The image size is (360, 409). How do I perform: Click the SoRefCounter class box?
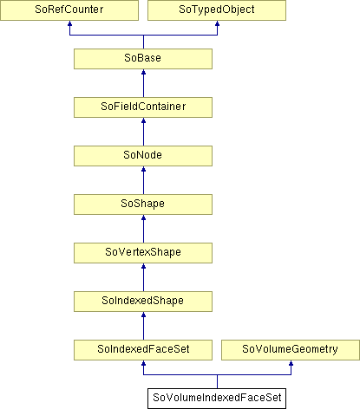click(69, 10)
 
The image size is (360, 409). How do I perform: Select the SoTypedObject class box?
click(217, 10)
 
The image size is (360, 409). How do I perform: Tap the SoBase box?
click(143, 59)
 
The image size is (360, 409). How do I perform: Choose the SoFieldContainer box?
click(143, 107)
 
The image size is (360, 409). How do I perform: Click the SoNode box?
click(143, 156)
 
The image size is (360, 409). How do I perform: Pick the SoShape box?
click(143, 204)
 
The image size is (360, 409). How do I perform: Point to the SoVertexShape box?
click(143, 253)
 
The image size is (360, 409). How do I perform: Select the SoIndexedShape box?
click(143, 302)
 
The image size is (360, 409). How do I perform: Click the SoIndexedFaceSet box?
click(143, 350)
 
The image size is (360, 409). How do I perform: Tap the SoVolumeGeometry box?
click(291, 350)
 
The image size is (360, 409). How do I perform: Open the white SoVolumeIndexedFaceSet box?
click(217, 399)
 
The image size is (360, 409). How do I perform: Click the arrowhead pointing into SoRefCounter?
click(69, 23)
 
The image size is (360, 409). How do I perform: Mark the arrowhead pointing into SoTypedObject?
click(217, 23)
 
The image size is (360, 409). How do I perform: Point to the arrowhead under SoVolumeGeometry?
click(291, 363)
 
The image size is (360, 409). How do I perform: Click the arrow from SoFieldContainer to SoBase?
click(143, 83)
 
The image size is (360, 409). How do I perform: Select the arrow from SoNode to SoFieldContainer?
click(143, 132)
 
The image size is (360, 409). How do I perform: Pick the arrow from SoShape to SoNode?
click(143, 180)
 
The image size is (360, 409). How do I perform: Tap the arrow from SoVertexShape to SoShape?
click(143, 229)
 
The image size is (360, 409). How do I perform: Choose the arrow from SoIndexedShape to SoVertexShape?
click(143, 277)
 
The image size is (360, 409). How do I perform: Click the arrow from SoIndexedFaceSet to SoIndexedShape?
click(143, 326)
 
